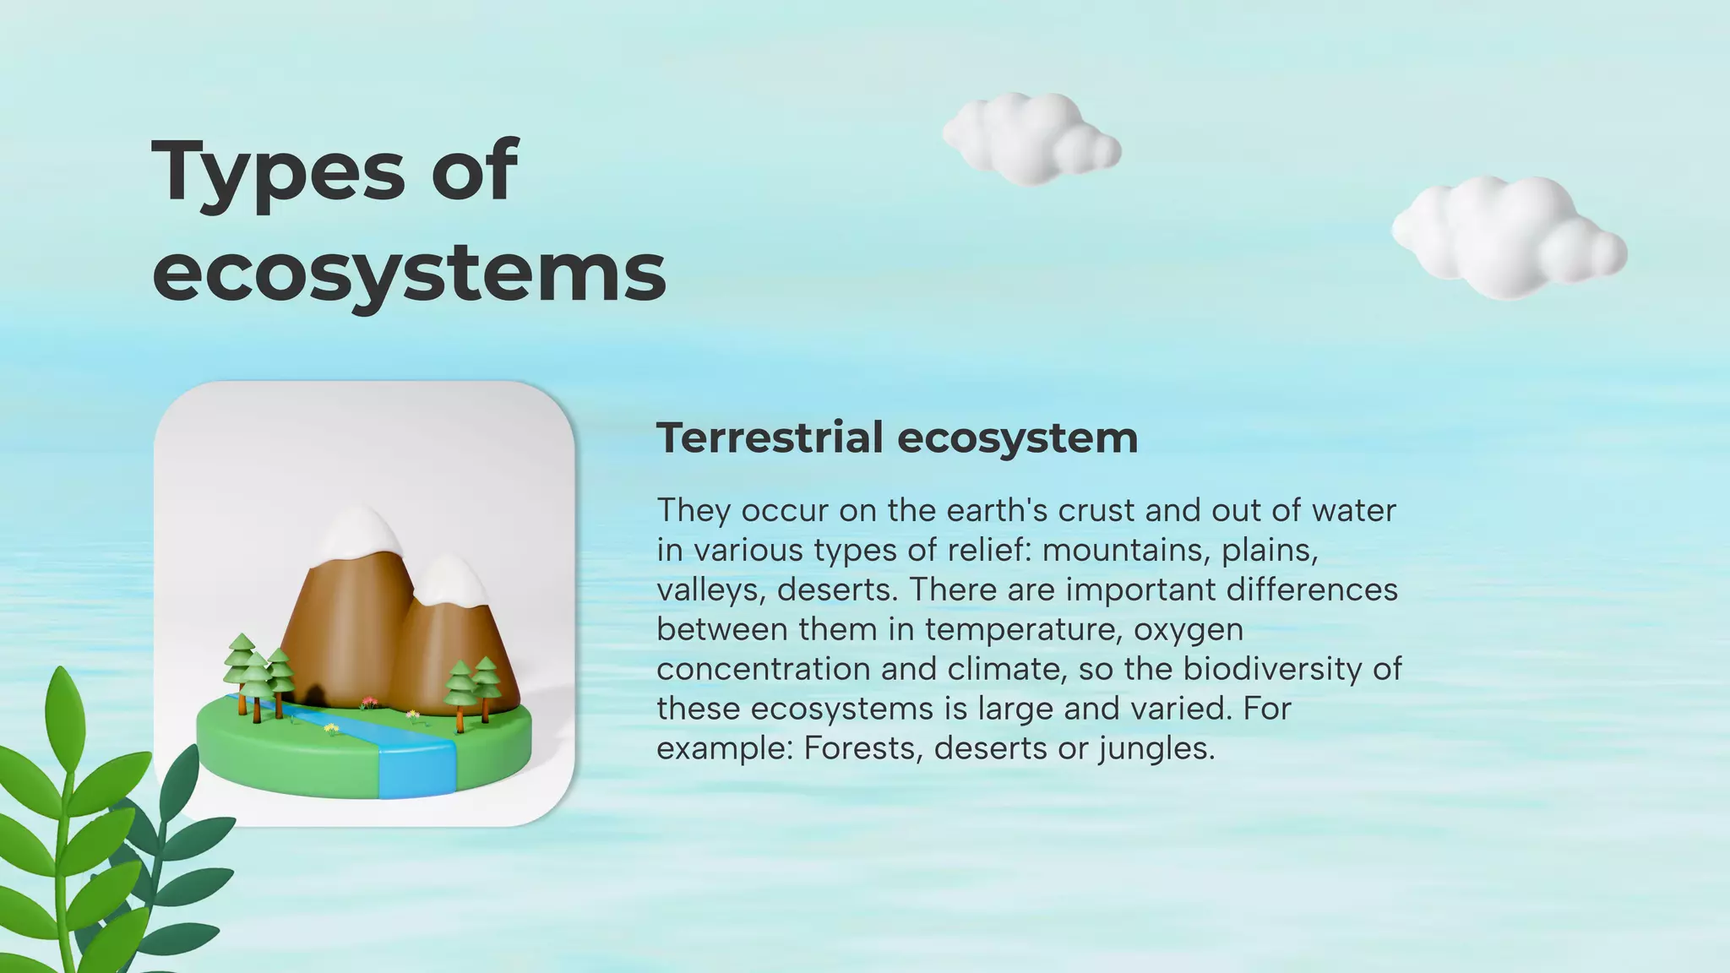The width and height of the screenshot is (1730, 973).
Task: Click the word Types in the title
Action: [x=279, y=173]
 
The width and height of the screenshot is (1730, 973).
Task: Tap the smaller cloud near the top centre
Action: [x=1031, y=140]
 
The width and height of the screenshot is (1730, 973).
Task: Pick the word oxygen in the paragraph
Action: [x=1189, y=630]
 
